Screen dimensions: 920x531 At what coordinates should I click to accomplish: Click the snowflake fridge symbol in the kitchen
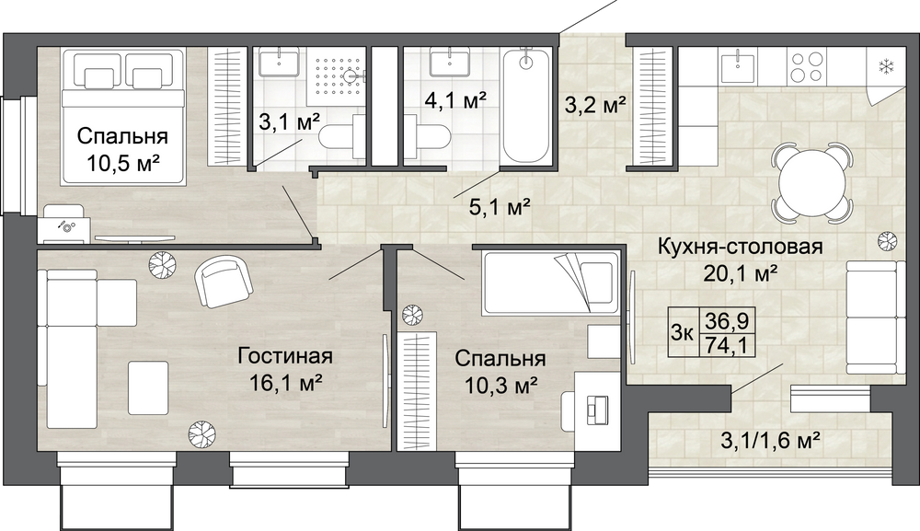[x=885, y=67]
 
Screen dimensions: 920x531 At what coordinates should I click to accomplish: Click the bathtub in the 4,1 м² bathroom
[x=527, y=106]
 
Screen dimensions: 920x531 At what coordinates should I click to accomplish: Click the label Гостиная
[x=285, y=356]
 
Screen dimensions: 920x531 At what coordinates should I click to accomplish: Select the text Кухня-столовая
[x=740, y=247]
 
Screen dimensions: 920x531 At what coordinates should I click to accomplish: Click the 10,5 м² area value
[x=123, y=162]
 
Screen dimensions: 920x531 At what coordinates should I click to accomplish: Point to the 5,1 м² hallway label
[x=500, y=206]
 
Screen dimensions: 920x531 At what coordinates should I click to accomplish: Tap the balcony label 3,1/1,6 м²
[x=770, y=439]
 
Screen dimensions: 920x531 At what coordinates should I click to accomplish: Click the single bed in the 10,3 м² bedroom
[x=550, y=283]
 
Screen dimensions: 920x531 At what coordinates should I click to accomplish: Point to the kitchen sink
[x=736, y=65]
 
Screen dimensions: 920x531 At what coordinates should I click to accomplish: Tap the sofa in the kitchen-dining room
[x=872, y=317]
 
